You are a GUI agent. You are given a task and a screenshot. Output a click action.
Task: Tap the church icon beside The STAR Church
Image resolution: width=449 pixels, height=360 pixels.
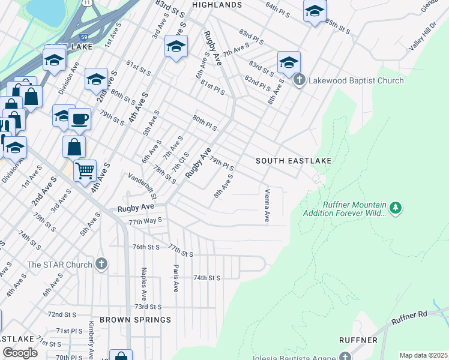pos(101,265)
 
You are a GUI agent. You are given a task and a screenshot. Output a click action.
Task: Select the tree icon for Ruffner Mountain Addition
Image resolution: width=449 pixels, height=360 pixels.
pos(395,208)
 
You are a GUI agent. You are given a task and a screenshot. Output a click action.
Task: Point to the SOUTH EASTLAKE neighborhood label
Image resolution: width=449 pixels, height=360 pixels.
pos(294,161)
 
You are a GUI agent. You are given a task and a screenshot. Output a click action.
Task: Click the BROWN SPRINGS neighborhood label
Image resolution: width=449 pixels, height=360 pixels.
pos(135,320)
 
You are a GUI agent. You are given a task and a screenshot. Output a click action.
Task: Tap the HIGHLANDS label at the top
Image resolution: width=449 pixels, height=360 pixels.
pos(217,5)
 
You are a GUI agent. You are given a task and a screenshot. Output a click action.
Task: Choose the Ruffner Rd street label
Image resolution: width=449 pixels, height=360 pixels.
pos(410,318)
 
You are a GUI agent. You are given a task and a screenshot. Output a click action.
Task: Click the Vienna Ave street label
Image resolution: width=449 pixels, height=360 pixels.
pos(267,206)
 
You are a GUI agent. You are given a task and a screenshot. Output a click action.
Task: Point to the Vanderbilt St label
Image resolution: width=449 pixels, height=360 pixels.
pos(142,186)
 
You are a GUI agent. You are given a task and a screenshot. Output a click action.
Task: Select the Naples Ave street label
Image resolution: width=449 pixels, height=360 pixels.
pos(143,284)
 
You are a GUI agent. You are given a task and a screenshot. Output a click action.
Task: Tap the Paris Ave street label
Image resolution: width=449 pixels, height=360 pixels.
pos(176,278)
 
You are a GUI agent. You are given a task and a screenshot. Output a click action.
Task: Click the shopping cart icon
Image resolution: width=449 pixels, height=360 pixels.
pos(85,170)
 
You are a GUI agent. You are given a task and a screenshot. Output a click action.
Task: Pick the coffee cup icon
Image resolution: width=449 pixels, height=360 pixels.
pos(79,119)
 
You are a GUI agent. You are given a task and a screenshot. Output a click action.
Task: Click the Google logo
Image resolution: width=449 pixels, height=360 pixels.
pos(20,353)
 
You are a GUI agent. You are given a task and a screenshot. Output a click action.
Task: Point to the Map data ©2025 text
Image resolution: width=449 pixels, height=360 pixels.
pos(423,355)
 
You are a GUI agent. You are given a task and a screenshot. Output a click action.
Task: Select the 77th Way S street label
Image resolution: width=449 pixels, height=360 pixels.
pos(145,221)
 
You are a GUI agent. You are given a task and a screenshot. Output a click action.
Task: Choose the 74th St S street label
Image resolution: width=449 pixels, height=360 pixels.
pos(207,278)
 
